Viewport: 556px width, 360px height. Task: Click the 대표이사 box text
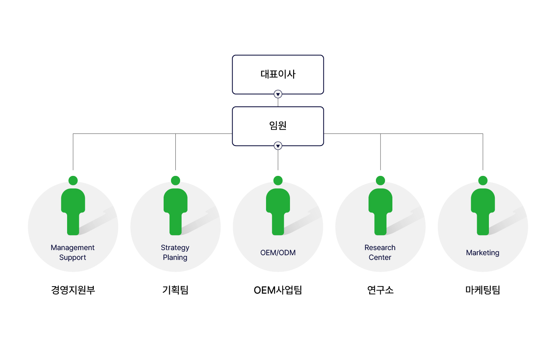pyautogui.click(x=278, y=74)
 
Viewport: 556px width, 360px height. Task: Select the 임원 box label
pyautogui.click(x=278, y=125)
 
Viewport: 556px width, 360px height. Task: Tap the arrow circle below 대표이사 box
pyautogui.click(x=278, y=94)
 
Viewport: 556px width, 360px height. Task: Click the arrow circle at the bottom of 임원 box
pyautogui.click(x=278, y=146)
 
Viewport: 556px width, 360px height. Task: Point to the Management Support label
pyautogui.click(x=73, y=252)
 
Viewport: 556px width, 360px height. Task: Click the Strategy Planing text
pyautogui.click(x=175, y=252)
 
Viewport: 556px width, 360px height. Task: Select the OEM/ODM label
pyautogui.click(x=278, y=252)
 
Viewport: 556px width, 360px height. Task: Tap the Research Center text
pyautogui.click(x=380, y=252)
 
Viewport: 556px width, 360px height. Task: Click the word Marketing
pyautogui.click(x=483, y=253)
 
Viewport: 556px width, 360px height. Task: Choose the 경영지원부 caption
pyautogui.click(x=73, y=290)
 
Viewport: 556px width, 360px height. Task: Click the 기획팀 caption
pyautogui.click(x=175, y=290)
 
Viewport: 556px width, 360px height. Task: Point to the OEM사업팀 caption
pyautogui.click(x=278, y=290)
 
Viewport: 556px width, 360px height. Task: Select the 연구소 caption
pyautogui.click(x=380, y=290)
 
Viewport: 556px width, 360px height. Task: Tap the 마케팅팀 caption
pyautogui.click(x=483, y=290)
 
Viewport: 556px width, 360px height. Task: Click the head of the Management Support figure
pyautogui.click(x=73, y=181)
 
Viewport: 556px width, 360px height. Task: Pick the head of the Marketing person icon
pyautogui.click(x=483, y=181)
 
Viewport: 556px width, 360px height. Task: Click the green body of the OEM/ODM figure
pyautogui.click(x=278, y=212)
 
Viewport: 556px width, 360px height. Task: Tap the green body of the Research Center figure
pyautogui.click(x=380, y=212)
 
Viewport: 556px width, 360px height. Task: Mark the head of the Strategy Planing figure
pyautogui.click(x=175, y=181)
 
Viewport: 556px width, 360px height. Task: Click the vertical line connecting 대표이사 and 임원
pyautogui.click(x=278, y=102)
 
